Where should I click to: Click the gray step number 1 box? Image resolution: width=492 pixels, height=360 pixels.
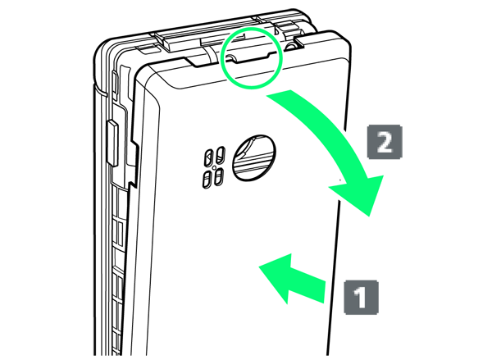(361, 297)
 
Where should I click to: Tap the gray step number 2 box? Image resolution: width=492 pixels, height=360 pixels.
(385, 142)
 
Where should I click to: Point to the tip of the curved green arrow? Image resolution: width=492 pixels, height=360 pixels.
(370, 216)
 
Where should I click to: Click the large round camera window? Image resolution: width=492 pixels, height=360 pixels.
(254, 157)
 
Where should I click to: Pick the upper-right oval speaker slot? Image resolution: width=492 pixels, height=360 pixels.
(221, 155)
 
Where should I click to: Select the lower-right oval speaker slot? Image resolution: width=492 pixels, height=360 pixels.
(218, 176)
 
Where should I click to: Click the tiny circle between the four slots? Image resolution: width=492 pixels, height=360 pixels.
(214, 167)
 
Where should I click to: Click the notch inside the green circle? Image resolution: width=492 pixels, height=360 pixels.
(248, 57)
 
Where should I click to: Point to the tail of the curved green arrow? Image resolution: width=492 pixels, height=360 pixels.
(279, 93)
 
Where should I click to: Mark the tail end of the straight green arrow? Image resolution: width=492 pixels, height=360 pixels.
(324, 292)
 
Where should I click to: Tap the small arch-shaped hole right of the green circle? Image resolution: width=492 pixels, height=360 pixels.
(291, 46)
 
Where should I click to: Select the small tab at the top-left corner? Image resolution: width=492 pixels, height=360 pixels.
(147, 49)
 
